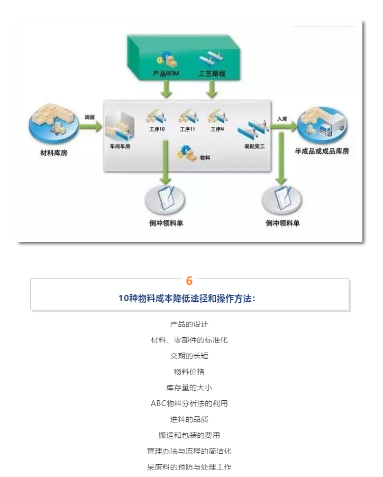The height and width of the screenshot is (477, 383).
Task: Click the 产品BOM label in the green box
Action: [166, 74]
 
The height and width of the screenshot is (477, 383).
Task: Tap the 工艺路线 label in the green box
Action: [212, 74]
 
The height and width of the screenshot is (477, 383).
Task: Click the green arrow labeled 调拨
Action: [90, 126]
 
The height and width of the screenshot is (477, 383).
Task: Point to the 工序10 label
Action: [158, 129]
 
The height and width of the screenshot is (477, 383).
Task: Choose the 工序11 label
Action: [188, 129]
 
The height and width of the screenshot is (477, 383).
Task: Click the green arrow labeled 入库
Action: [282, 127]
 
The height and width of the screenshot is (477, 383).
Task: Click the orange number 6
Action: [189, 281]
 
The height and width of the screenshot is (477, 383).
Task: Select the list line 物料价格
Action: [189, 372]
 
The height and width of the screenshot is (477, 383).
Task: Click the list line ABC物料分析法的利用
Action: [189, 403]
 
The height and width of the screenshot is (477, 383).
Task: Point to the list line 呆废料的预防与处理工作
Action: [189, 467]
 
